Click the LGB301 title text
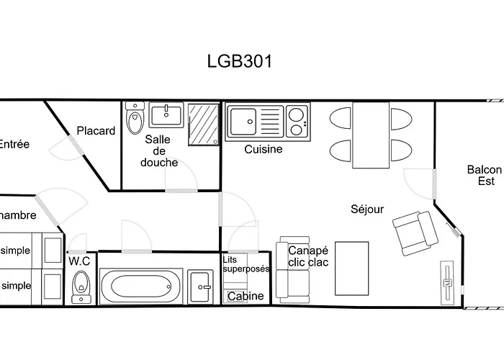pos(238,61)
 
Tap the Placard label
pos(96,131)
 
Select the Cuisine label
pos(263,150)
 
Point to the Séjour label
pos(367,210)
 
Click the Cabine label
pos(246,296)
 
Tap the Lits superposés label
pos(246,264)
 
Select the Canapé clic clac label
pos(308,256)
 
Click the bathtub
pos(140,287)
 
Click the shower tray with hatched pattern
pos(203,125)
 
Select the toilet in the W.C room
pos(81,287)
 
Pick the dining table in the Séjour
pos(370,134)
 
